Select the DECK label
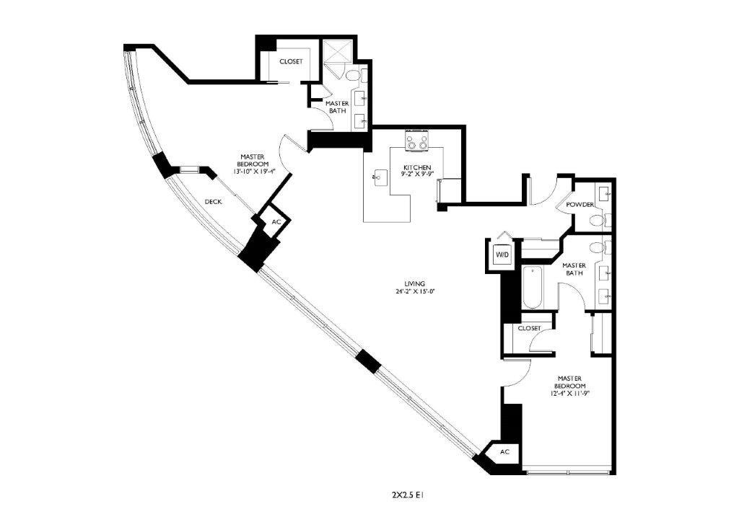point(213,202)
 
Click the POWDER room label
point(580,205)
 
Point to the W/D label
point(501,255)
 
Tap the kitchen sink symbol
point(378,175)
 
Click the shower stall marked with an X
point(335,53)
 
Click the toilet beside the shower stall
point(353,76)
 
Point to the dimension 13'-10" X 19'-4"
point(255,172)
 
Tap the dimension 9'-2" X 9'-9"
point(417,174)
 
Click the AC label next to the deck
point(276,222)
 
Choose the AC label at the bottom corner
point(504,451)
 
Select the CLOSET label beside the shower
point(290,61)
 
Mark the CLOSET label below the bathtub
point(529,328)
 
